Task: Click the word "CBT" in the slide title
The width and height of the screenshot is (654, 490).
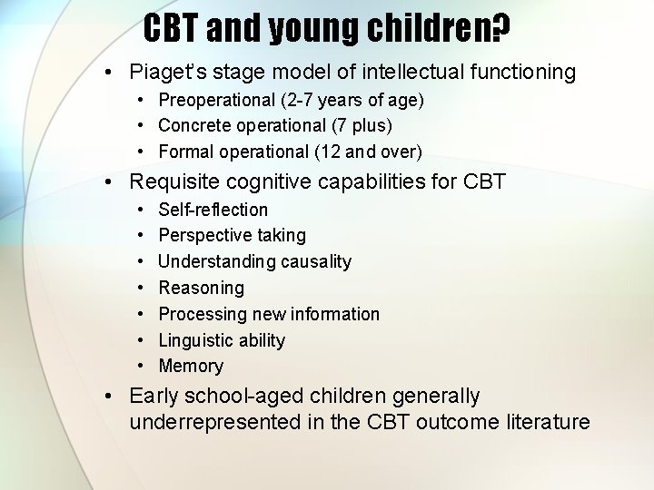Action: (171, 29)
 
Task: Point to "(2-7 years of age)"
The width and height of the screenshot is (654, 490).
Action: (351, 100)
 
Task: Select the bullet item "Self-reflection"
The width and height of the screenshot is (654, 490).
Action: (213, 210)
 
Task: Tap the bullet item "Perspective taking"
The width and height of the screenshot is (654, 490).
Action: (232, 236)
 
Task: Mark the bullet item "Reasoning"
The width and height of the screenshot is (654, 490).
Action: (201, 289)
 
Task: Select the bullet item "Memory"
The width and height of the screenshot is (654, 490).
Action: (191, 367)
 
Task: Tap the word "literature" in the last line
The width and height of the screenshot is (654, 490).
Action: (547, 423)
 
